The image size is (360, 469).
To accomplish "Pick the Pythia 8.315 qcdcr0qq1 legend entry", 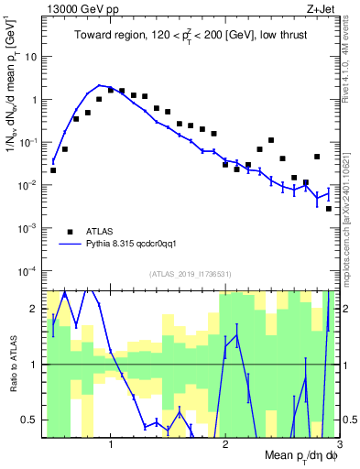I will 136,245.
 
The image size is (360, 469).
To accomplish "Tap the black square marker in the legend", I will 70,232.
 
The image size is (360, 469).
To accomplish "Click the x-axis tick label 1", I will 111,446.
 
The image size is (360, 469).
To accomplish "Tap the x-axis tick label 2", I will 225,446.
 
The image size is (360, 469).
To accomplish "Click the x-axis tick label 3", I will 338,446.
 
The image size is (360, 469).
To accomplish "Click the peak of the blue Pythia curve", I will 100,85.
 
